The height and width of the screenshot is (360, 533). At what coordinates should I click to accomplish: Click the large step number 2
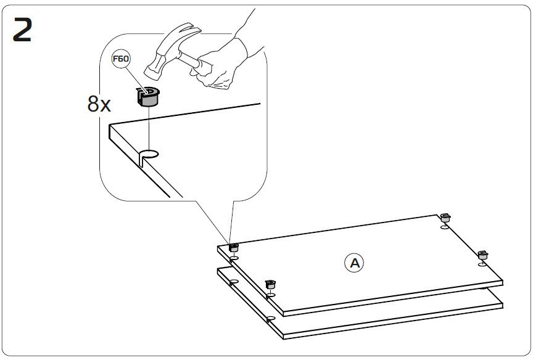tap(22, 30)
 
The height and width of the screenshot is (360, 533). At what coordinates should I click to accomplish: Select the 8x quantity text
tap(99, 104)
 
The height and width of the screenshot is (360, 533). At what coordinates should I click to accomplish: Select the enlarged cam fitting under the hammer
tap(148, 97)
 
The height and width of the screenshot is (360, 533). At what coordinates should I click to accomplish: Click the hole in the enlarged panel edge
tap(149, 154)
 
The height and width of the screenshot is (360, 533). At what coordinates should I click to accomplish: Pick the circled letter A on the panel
tap(354, 263)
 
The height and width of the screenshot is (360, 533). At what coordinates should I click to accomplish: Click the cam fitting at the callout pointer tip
tap(234, 248)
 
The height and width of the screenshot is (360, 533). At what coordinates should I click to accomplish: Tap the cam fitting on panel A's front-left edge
tap(269, 284)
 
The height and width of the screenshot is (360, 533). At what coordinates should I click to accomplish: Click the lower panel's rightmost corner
tap(502, 302)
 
